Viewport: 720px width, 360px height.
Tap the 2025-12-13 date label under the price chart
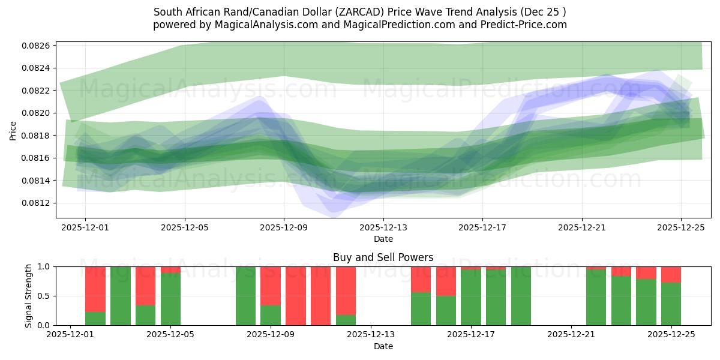(383, 227)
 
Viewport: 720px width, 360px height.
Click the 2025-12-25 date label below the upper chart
(681, 227)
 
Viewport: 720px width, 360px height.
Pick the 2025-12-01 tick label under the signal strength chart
(71, 335)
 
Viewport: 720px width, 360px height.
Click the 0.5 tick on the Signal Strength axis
(45, 296)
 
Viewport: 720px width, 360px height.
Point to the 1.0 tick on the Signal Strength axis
(45, 266)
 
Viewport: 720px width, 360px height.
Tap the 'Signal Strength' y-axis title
(29, 296)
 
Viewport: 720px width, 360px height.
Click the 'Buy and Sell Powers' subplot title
(383, 257)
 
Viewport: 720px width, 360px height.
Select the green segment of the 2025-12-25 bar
(671, 304)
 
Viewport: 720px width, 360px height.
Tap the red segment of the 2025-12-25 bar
(671, 274)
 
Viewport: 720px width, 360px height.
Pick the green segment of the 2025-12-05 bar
(170, 299)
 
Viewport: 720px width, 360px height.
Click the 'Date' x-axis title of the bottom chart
(383, 346)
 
